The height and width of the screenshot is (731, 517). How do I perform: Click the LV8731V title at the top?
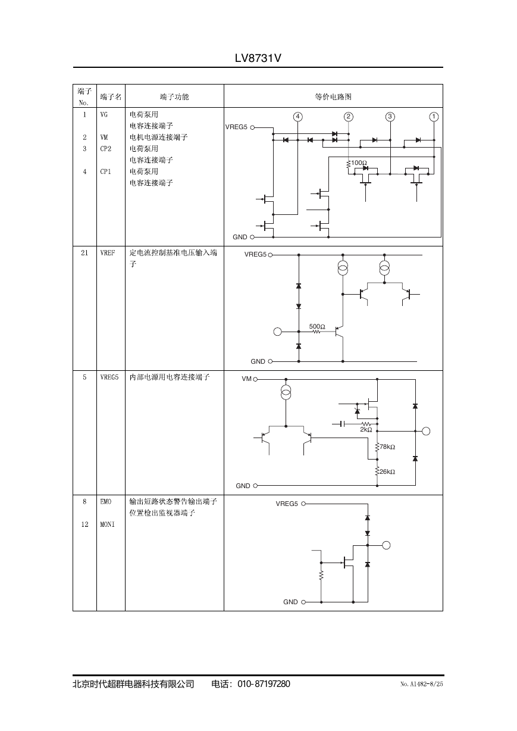click(258, 58)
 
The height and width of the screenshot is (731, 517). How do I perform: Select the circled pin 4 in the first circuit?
click(297, 117)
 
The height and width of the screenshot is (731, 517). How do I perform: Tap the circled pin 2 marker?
click(349, 117)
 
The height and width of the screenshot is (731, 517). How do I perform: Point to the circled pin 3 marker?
click(390, 117)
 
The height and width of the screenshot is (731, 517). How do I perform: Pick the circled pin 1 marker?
click(434, 117)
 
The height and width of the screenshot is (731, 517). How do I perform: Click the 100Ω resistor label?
click(359, 163)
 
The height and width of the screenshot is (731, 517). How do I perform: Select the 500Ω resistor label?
click(317, 326)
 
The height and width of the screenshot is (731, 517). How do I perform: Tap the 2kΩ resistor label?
click(366, 429)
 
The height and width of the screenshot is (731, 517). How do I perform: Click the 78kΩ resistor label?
click(387, 447)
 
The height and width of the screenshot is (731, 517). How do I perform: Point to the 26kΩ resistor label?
click(387, 471)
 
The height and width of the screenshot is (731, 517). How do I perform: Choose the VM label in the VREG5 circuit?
click(246, 379)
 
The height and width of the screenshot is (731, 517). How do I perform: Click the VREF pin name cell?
click(108, 253)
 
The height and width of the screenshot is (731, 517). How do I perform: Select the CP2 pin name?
click(106, 149)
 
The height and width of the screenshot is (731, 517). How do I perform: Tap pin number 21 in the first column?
click(84, 253)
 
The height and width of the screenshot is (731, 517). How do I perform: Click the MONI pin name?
click(107, 524)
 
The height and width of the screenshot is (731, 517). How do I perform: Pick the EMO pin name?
click(106, 502)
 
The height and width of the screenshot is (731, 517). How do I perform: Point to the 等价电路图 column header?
click(333, 96)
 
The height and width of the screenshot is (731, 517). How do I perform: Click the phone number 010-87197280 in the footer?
click(264, 684)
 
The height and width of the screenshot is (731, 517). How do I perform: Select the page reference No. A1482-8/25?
click(421, 684)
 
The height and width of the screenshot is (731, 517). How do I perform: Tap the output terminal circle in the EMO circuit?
click(386, 545)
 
